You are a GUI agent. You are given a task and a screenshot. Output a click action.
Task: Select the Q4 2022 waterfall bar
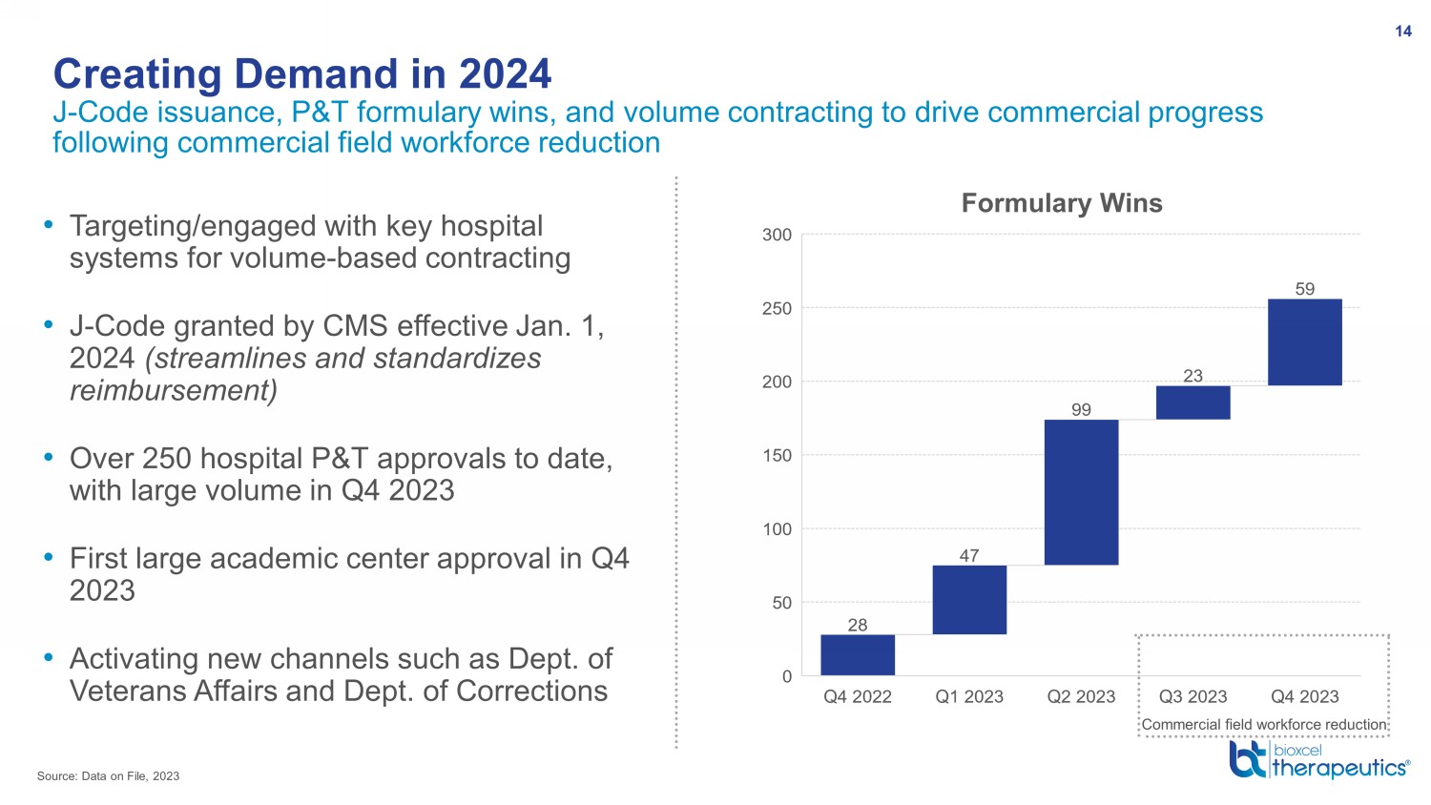858,655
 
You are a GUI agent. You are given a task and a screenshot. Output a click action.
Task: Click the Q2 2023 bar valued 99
1081,492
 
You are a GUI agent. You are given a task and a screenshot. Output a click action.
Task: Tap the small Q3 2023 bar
1192,402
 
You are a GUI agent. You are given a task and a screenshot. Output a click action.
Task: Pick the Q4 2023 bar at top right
1304,341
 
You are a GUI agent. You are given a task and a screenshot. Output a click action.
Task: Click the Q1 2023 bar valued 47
969,600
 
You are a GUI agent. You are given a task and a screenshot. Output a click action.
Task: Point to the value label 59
1304,289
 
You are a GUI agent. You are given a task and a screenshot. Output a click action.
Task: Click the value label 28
858,624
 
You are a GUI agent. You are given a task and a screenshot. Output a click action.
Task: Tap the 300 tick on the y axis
777,236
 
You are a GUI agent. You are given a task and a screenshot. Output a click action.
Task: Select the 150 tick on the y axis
777,456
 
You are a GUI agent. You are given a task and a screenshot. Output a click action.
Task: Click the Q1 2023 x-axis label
969,696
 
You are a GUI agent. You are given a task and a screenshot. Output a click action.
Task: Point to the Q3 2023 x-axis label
1192,696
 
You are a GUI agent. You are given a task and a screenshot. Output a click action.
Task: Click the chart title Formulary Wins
1062,203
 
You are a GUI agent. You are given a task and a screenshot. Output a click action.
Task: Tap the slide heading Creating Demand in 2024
302,74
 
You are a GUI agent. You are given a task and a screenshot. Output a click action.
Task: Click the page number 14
1403,31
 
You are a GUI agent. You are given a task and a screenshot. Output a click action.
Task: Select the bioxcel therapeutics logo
1319,759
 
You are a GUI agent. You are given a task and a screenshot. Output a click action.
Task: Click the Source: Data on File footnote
108,776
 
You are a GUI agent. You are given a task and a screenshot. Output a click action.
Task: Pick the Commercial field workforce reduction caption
1264,725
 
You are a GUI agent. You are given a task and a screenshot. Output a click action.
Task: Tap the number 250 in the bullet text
169,459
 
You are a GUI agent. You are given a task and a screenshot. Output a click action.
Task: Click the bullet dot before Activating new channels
48,657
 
